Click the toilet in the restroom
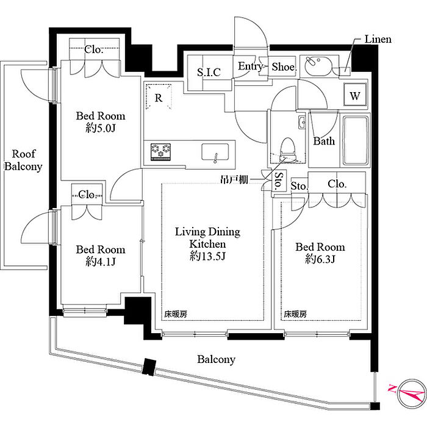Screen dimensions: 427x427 click(287, 150)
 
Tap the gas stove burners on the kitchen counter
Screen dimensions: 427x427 click(160, 152)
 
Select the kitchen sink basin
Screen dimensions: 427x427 click(215, 152)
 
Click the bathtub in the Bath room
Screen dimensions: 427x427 click(356, 140)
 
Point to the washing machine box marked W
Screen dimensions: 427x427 click(355, 95)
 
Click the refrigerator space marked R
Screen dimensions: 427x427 click(159, 97)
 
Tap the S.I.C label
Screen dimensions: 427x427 click(209, 72)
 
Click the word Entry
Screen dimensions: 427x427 click(250, 66)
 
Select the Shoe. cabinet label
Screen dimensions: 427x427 click(284, 66)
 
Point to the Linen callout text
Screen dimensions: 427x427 click(378, 39)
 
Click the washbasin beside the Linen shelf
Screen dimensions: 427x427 click(318, 66)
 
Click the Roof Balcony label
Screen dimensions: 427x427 click(23, 160)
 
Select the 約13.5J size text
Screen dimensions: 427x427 click(207, 256)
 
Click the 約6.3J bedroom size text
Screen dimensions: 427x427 click(320, 259)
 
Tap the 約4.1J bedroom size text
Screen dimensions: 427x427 click(101, 262)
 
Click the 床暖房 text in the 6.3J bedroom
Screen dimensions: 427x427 click(295, 314)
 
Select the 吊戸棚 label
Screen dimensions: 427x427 click(234, 179)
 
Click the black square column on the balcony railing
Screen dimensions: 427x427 click(149, 367)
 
